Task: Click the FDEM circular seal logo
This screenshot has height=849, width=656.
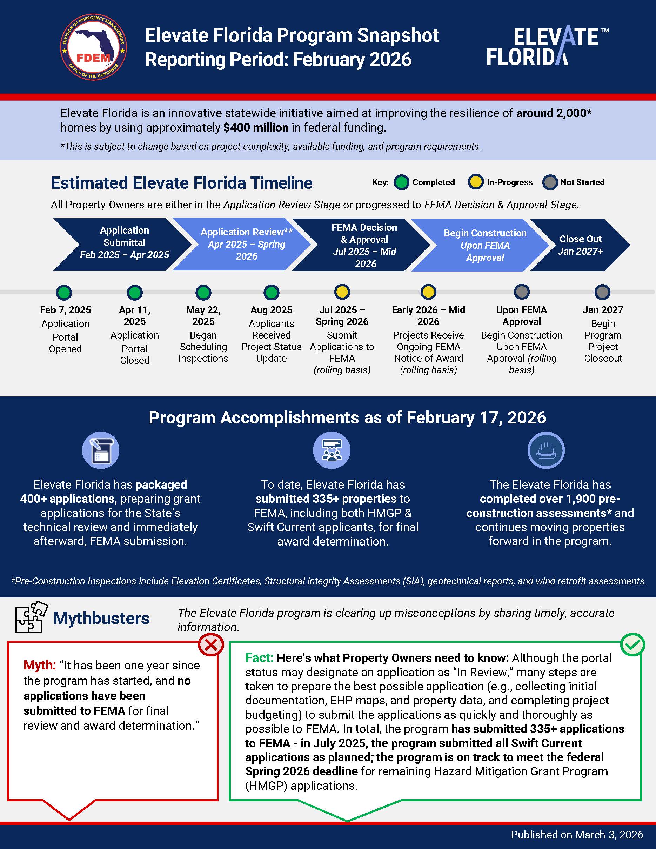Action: tap(93, 48)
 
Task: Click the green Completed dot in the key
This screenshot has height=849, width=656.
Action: tap(401, 182)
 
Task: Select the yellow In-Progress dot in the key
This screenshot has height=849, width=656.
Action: tap(475, 182)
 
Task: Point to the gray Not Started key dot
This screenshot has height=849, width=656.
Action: tap(549, 182)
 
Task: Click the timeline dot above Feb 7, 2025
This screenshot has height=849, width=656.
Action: tap(64, 292)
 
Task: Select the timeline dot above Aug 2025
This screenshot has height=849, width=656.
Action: tap(271, 292)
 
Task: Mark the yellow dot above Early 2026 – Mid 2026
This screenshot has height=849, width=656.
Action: tap(428, 292)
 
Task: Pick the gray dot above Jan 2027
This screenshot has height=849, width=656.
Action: tap(602, 292)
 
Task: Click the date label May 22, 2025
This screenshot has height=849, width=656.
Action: tap(203, 316)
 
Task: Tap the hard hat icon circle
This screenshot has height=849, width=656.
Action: tap(545, 450)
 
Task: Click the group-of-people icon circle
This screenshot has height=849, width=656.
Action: tap(332, 450)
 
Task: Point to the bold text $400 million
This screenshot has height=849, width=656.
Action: tap(256, 127)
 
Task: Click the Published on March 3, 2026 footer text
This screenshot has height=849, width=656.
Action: tap(577, 835)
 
